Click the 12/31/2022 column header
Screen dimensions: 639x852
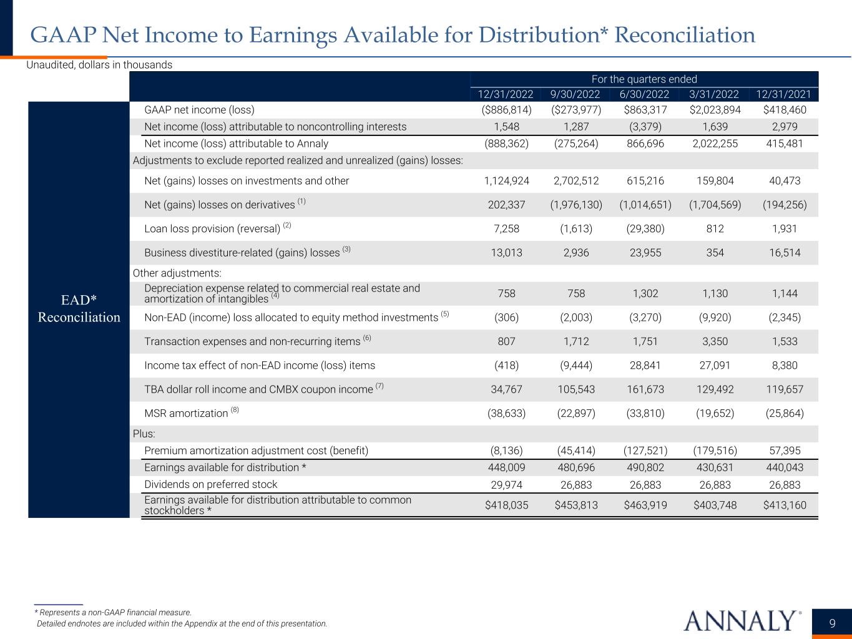pos(506,94)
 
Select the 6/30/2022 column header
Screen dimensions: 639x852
pos(645,94)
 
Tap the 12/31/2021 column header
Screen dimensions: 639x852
pos(783,94)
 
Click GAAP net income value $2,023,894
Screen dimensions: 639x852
pos(715,110)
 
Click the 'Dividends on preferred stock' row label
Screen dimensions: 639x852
pos(210,484)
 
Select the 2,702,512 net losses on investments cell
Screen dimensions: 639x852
pos(576,181)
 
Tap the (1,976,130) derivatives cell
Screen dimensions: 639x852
pos(576,205)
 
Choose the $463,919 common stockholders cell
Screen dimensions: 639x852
pos(645,505)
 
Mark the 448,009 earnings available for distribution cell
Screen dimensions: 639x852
pos(506,467)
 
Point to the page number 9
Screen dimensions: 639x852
pos(833,623)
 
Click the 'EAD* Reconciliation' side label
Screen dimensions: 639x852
pos(79,308)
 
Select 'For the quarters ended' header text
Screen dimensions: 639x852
pos(644,79)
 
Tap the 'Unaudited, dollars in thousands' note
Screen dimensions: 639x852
pos(99,65)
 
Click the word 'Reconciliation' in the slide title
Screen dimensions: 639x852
pos(685,35)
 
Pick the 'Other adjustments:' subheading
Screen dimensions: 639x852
pos(177,273)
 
